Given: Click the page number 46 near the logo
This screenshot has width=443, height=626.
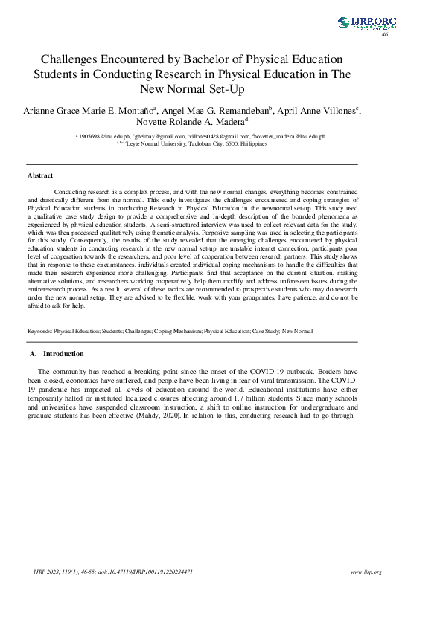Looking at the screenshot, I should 385,35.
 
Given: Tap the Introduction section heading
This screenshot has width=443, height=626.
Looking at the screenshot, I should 63,353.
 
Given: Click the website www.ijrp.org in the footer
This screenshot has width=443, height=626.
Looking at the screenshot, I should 366,572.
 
